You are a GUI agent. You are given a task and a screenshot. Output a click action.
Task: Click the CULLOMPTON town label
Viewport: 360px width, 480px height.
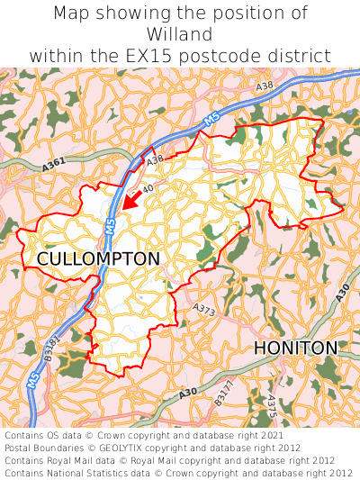click(x=98, y=259)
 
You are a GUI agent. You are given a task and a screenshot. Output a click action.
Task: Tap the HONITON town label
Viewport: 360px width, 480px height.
click(x=295, y=348)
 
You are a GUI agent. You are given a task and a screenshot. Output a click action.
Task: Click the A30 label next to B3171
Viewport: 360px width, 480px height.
click(x=187, y=392)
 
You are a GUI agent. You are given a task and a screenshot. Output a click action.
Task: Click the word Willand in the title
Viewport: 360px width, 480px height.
click(x=180, y=34)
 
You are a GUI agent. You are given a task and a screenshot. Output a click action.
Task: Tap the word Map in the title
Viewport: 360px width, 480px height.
click(x=72, y=13)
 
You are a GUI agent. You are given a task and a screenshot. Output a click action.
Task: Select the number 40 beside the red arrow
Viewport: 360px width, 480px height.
click(x=148, y=188)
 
